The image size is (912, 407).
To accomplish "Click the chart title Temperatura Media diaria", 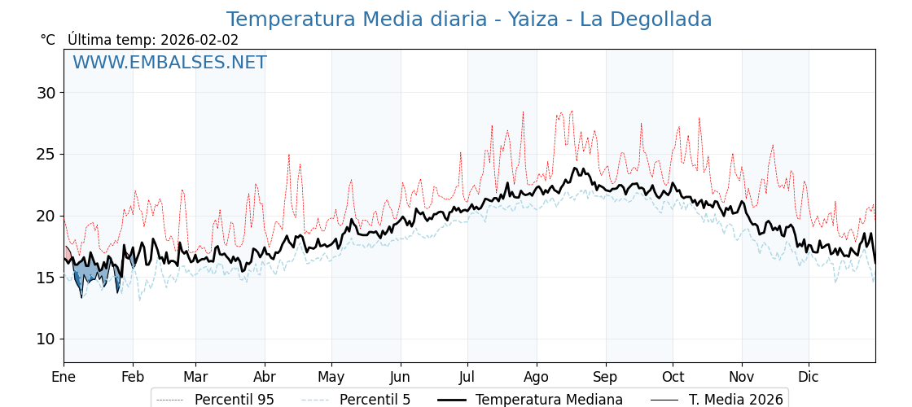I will pyautogui.click(x=468, y=20).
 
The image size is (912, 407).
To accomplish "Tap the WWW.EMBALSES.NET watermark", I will pyautogui.click(x=169, y=63).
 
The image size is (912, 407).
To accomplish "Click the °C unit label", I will pyautogui.click(x=48, y=40).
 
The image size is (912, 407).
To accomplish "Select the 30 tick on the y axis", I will pyautogui.click(x=46, y=93).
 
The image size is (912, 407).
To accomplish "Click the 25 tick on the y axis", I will pyautogui.click(x=46, y=154).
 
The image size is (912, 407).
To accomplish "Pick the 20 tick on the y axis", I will pyautogui.click(x=46, y=216).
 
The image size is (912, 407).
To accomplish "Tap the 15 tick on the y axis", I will pyautogui.click(x=46, y=278).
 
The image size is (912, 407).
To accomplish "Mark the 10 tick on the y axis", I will pyautogui.click(x=46, y=339).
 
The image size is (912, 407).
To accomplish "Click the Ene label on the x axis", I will pyautogui.click(x=64, y=377).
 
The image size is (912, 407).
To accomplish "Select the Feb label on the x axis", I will pyautogui.click(x=133, y=377).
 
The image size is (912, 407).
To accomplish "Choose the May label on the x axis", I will pyautogui.click(x=331, y=377).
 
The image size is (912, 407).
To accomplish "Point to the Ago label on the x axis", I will pyautogui.click(x=537, y=377).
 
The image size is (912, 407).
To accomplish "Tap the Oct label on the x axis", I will pyautogui.click(x=673, y=377).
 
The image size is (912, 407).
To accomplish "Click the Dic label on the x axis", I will pyautogui.click(x=809, y=377).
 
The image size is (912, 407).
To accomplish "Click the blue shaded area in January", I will pyautogui.click(x=90, y=273).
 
